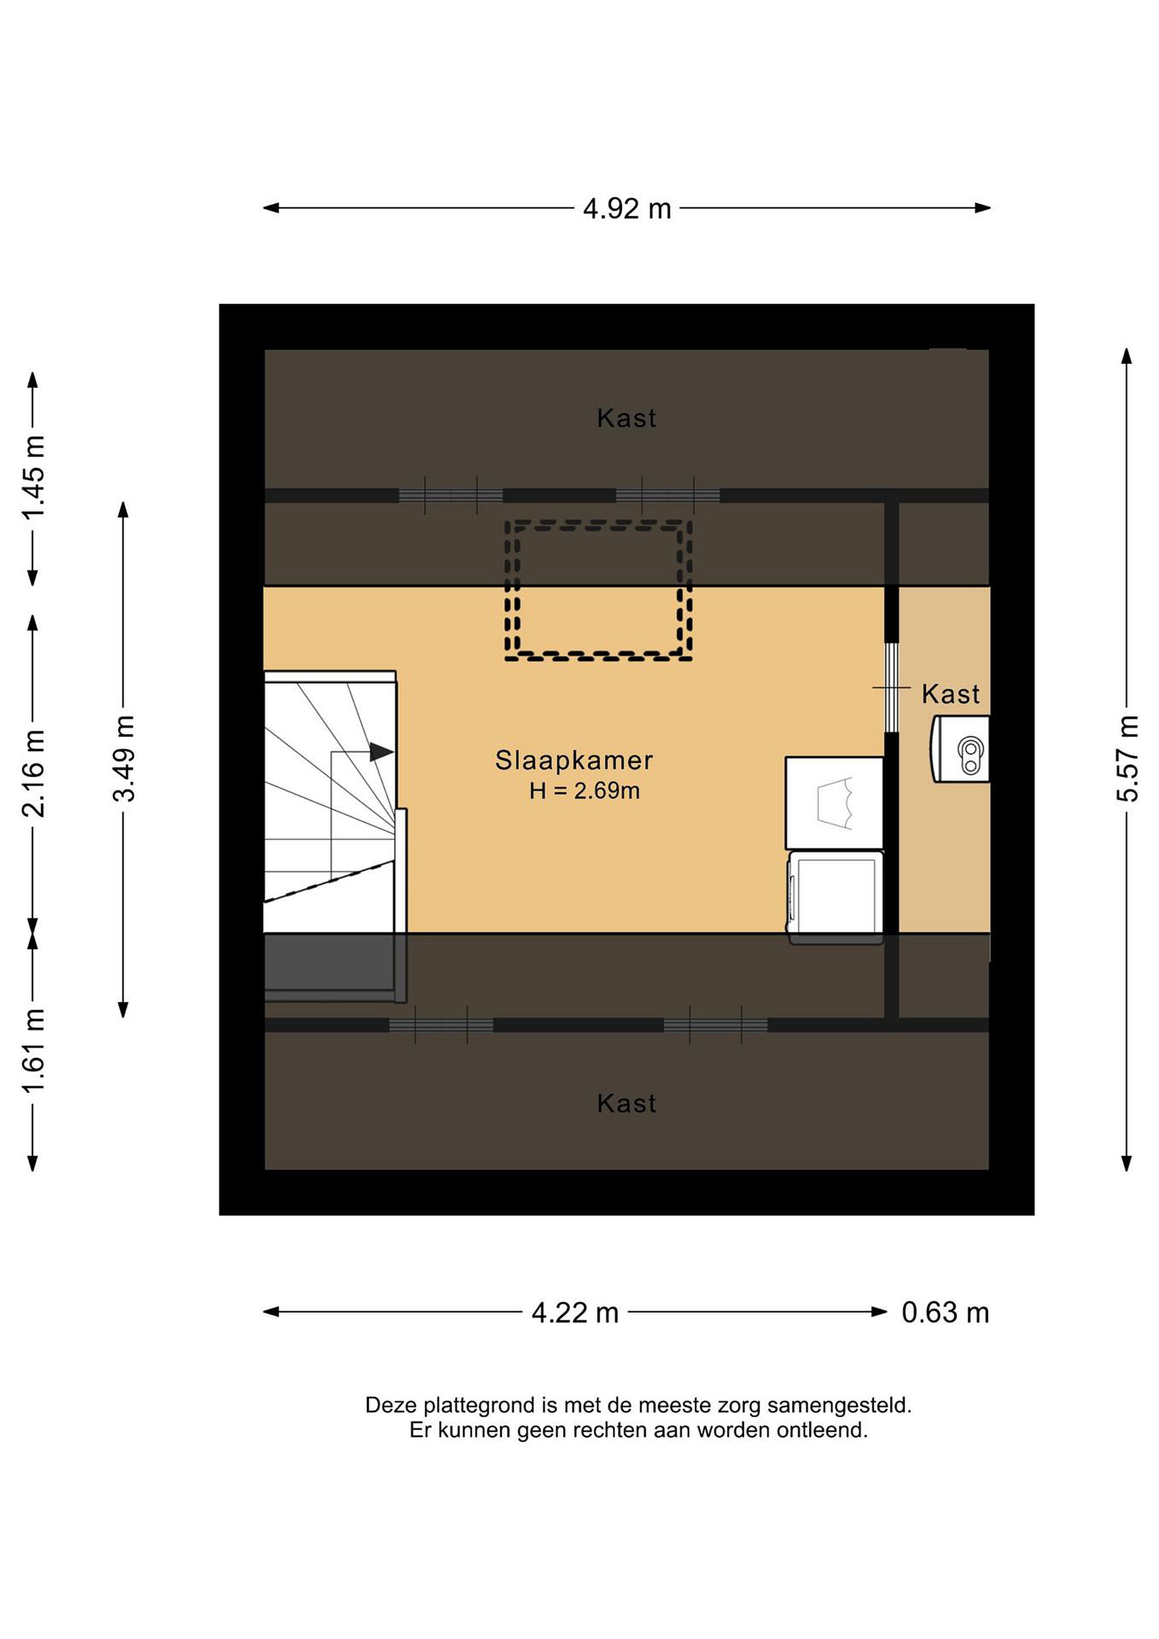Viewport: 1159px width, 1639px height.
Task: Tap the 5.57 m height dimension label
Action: pos(1127,758)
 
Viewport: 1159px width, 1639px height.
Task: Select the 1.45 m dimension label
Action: pos(34,476)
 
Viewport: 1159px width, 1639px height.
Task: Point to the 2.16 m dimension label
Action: pos(34,773)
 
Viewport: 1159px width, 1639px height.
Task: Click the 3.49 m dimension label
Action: pos(123,758)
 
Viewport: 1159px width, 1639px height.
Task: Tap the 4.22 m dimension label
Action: pos(575,1313)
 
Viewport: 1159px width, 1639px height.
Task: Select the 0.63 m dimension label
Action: pos(945,1313)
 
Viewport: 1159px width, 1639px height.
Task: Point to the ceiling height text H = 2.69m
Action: pos(584,791)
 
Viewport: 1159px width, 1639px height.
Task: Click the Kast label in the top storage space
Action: pos(626,418)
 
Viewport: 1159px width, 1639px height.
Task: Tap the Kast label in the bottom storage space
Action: pos(626,1103)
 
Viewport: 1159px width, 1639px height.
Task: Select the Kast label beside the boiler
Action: pos(951,694)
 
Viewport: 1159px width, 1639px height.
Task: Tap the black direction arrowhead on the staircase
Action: pos(382,752)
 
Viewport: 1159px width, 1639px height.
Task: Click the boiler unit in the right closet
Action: pos(960,749)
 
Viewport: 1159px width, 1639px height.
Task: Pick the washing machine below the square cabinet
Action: pos(835,897)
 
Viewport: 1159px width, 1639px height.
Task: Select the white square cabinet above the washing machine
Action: pos(834,803)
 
